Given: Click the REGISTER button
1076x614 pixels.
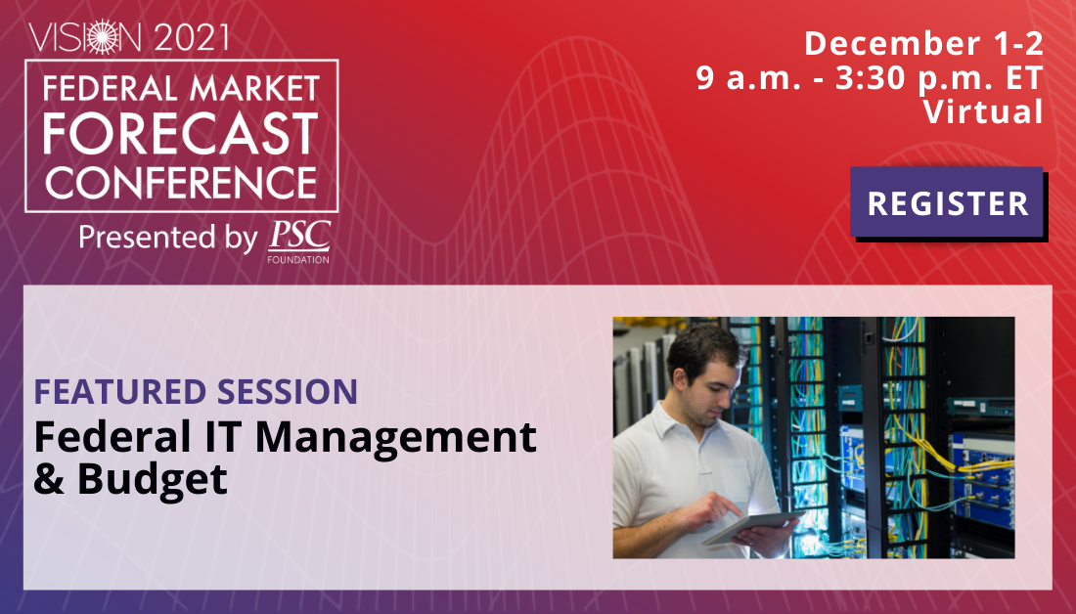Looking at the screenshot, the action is (948, 203).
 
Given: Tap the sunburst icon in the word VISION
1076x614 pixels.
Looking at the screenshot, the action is (104, 37).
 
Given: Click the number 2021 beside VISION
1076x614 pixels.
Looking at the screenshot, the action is (192, 38).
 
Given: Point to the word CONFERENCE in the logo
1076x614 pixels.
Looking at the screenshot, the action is (181, 183).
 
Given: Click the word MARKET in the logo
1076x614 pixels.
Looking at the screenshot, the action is (254, 89).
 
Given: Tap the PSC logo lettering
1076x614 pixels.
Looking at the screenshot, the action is (299, 236).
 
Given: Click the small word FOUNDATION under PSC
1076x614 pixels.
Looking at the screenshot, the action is (298, 259).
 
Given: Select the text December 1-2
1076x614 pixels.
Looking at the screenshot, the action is (923, 44).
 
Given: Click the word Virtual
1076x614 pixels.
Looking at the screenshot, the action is (983, 111).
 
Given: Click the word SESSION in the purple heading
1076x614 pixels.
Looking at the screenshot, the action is (288, 392).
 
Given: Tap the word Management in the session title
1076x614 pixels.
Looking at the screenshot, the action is (395, 438).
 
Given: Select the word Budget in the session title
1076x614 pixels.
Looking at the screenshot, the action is (152, 479).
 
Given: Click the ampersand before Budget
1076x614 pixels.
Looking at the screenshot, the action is (49, 479).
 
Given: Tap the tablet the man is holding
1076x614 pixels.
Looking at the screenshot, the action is (753, 527).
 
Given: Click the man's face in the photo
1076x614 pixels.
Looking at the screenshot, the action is (714, 389).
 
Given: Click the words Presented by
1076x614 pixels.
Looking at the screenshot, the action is (168, 238).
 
